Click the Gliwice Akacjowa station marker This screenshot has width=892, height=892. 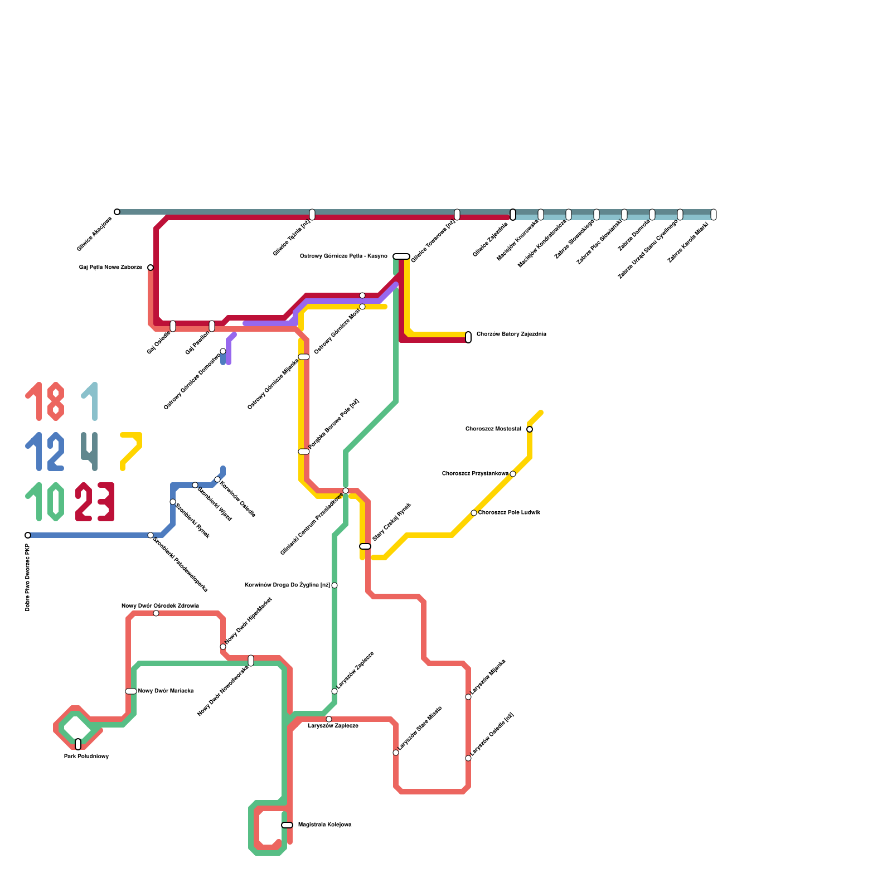point(117,212)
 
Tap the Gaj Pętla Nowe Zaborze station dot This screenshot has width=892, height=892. point(151,268)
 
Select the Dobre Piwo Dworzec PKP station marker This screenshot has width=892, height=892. point(28,535)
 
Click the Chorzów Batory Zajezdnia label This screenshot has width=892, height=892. point(511,334)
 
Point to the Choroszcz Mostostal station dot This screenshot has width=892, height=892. point(530,429)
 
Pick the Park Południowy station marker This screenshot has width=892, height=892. point(78,744)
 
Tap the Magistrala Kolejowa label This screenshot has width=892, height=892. point(324,825)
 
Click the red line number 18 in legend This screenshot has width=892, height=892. point(45,401)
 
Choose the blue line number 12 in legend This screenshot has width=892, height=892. point(45,452)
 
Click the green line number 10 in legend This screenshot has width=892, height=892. point(45,502)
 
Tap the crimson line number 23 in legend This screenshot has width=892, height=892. point(95,502)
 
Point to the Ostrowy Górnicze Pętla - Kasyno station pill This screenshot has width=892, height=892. point(401,256)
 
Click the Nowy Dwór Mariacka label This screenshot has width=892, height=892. point(166,691)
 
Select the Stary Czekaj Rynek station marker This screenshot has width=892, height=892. point(365,546)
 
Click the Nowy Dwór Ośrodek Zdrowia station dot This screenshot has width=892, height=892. point(156,613)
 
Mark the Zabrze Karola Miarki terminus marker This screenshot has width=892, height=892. point(714,215)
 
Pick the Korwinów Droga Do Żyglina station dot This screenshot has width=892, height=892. point(334,585)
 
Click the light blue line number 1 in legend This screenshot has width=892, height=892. point(90,401)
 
